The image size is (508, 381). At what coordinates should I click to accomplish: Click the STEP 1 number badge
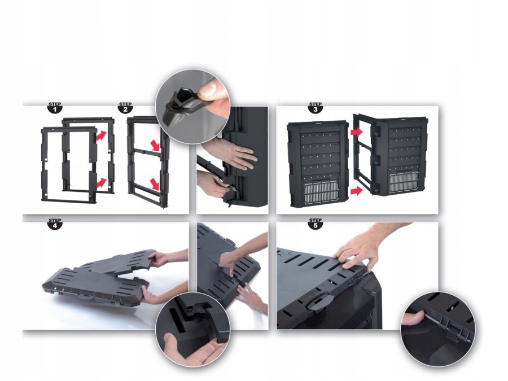click(55, 108)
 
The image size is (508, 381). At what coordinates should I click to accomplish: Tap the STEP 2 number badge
click(125, 108)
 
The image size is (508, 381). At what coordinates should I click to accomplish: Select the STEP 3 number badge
click(315, 108)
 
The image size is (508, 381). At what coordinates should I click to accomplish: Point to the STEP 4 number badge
click(55, 224)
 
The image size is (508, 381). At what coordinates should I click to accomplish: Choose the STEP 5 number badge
click(315, 224)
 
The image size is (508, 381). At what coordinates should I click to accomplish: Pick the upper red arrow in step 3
click(356, 132)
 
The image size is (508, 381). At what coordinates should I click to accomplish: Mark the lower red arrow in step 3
click(356, 190)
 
